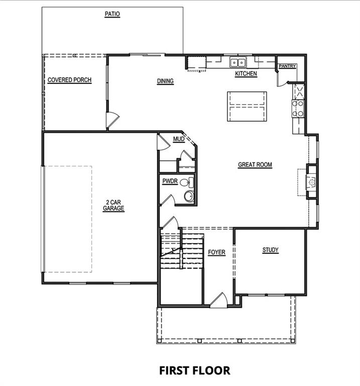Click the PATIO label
[x=112, y=14]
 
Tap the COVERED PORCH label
[x=69, y=80]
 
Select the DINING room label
[x=165, y=81]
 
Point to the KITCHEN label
[x=246, y=74]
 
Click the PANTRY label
[x=287, y=66]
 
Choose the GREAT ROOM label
[x=255, y=164]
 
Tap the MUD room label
[x=178, y=139]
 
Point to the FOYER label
[x=217, y=252]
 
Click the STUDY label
[x=270, y=250]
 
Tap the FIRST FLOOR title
[x=194, y=370]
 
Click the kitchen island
[x=247, y=106]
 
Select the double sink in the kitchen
[x=237, y=63]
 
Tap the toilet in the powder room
[x=188, y=196]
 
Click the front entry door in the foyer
[x=219, y=301]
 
